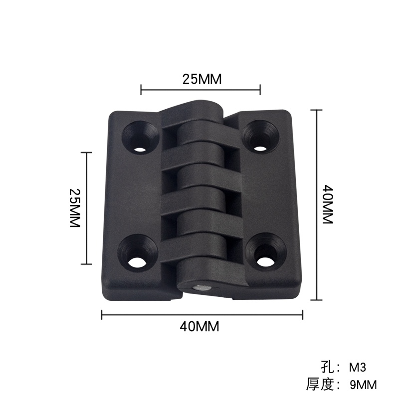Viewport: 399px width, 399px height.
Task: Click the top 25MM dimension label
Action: (202, 79)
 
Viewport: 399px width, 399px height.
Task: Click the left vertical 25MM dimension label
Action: (75, 208)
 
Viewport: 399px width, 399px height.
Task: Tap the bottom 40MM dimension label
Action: (199, 327)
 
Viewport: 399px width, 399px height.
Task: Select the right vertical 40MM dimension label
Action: (328, 204)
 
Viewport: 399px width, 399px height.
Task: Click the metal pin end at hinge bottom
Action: (202, 288)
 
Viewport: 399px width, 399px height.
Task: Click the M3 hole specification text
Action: (357, 368)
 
